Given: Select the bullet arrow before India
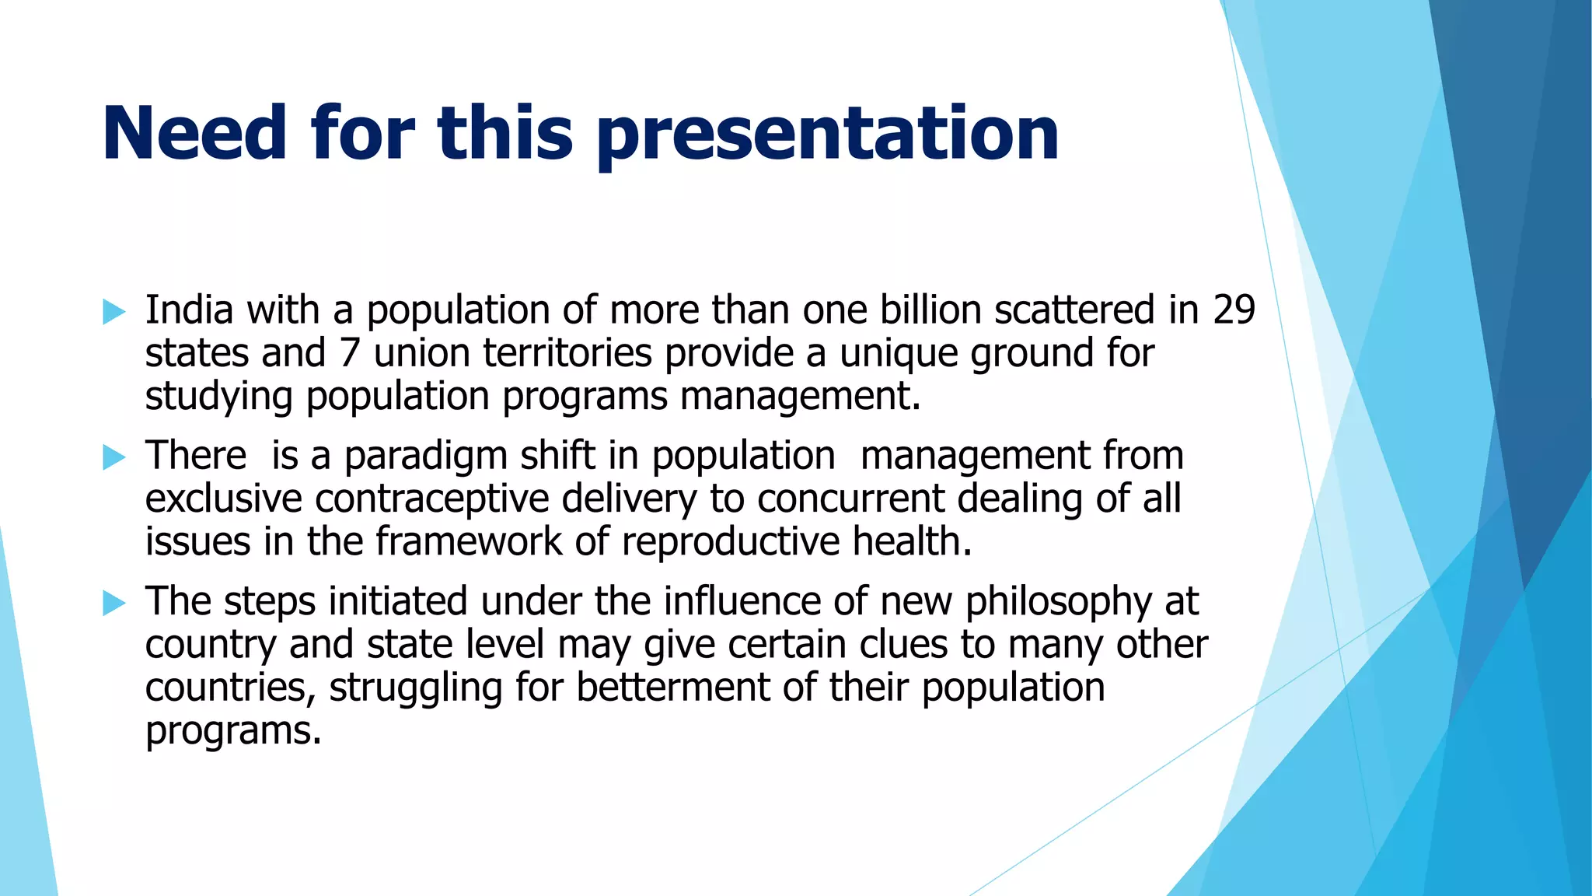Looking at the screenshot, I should (113, 313).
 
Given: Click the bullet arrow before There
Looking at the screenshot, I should (113, 458).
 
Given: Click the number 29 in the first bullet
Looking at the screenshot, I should (1234, 310).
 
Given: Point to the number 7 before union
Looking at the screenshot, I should (349, 353).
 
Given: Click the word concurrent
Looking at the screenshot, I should (850, 499).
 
